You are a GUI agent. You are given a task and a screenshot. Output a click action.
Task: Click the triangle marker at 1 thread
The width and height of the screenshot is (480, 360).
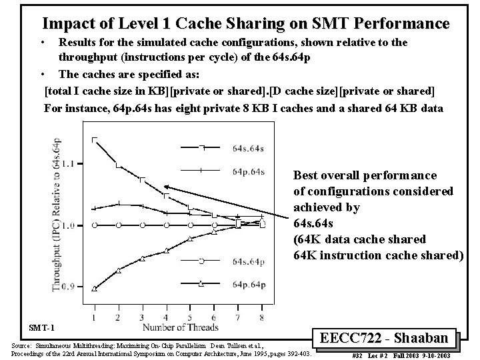[x=94, y=289]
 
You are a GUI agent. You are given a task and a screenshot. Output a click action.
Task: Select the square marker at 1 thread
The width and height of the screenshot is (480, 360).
[x=94, y=139]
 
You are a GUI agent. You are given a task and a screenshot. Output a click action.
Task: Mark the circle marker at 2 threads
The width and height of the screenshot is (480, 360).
[x=118, y=225]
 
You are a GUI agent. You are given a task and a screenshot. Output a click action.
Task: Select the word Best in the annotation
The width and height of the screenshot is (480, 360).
[x=308, y=175]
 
